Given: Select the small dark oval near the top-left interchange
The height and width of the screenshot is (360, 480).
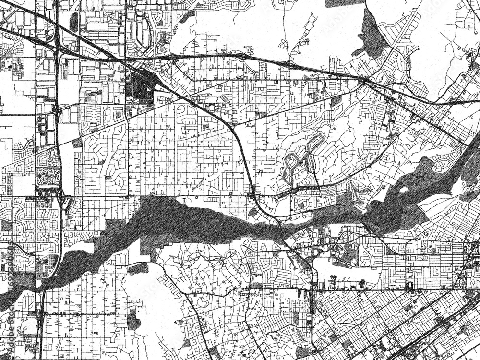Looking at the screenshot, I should point(74,22).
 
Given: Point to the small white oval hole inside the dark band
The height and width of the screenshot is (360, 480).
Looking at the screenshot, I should point(404,190).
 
